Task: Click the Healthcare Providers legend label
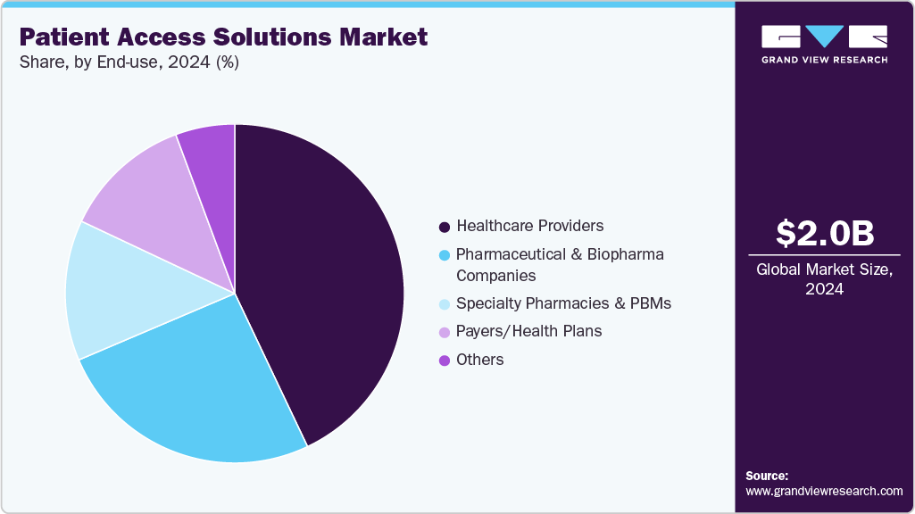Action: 529,226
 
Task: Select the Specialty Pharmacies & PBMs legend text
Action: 563,303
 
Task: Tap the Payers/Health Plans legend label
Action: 528,331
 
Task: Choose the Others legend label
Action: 479,360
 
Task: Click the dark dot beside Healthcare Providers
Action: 444,227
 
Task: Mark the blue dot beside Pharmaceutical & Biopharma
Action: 444,255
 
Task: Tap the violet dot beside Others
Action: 444,361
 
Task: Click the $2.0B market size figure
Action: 824,233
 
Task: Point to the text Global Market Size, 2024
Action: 824,279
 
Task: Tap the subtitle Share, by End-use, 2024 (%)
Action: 129,62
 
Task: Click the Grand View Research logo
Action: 824,44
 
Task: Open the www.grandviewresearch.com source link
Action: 824,491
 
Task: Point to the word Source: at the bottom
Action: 767,476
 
